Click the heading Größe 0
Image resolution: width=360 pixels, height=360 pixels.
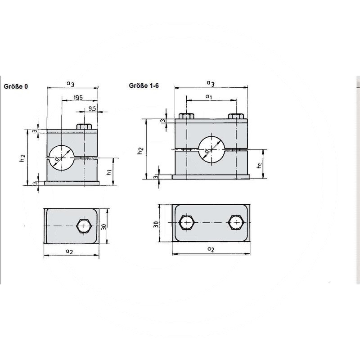[16, 86]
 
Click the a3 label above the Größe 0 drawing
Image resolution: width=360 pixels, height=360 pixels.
[70, 83]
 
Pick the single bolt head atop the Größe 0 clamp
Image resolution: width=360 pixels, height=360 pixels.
[84, 126]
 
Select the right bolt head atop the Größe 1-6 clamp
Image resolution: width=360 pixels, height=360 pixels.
[236, 117]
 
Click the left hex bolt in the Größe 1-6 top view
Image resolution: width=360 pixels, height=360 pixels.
[186, 223]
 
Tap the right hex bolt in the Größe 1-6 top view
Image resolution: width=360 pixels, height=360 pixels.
[236, 223]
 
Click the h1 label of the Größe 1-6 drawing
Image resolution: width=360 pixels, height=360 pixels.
[259, 166]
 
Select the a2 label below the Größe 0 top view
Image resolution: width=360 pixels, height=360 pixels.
[69, 252]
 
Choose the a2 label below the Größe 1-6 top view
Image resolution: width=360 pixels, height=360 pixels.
[210, 249]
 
